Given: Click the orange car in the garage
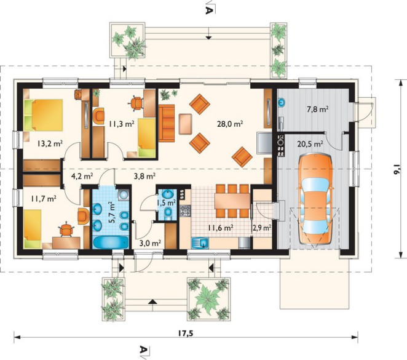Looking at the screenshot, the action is pos(315,199).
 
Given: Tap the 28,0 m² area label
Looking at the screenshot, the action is pos(230,124).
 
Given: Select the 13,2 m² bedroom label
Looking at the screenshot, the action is pos(50,143).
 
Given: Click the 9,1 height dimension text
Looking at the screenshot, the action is pos(397,169).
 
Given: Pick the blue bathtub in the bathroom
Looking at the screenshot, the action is pos(111,242).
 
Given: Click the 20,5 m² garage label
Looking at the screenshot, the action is pos(310,143).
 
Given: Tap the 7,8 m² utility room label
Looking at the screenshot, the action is pos(318,110).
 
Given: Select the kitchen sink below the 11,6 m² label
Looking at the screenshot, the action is pos(200,243).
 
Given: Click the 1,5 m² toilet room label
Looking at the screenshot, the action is pos(167,202).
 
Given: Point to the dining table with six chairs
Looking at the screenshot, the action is pos(232,201).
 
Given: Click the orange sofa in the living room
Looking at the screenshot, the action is pos(167,123).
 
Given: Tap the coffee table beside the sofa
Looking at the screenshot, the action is pos(186,124).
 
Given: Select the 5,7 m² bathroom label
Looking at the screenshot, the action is pos(112,212).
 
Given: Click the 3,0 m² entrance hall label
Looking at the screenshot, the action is pos(150,243).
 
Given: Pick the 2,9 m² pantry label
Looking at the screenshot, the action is pos(262,228).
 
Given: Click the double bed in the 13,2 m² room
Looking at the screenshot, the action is pos(43,115).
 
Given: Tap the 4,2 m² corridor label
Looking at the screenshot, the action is pos(82,177).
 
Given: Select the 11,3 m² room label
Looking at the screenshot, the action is pos(122,124).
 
